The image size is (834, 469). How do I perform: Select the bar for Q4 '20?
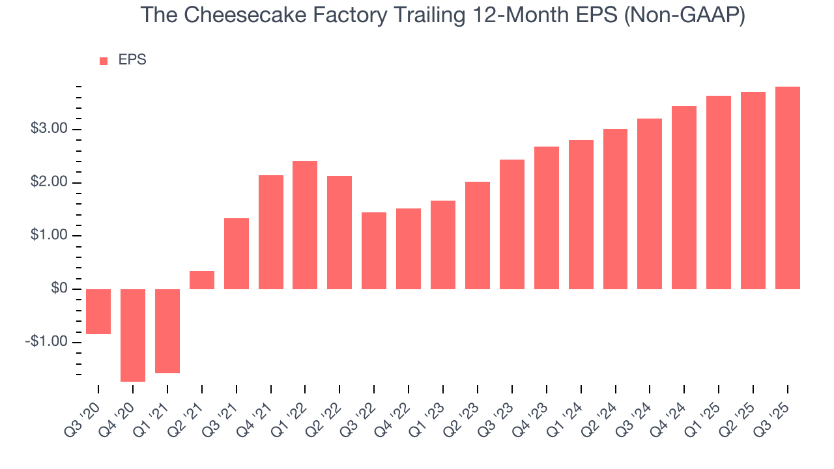coord(133,335)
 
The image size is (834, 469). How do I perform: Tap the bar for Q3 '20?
coord(98,311)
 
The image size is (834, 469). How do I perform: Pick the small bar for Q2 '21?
coord(202,280)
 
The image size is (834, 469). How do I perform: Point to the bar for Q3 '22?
coord(374,251)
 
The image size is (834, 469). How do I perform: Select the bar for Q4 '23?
coord(547,218)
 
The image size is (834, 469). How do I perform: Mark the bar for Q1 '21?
coord(167,331)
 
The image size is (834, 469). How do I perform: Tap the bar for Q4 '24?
coord(684,197)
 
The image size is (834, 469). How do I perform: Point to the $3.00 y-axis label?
coord(49,129)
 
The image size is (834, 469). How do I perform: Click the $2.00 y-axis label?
coord(49,182)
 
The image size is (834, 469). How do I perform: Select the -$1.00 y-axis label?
coord(47,342)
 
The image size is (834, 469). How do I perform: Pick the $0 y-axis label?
coord(59,289)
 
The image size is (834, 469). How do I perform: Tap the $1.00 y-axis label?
coord(49,235)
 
